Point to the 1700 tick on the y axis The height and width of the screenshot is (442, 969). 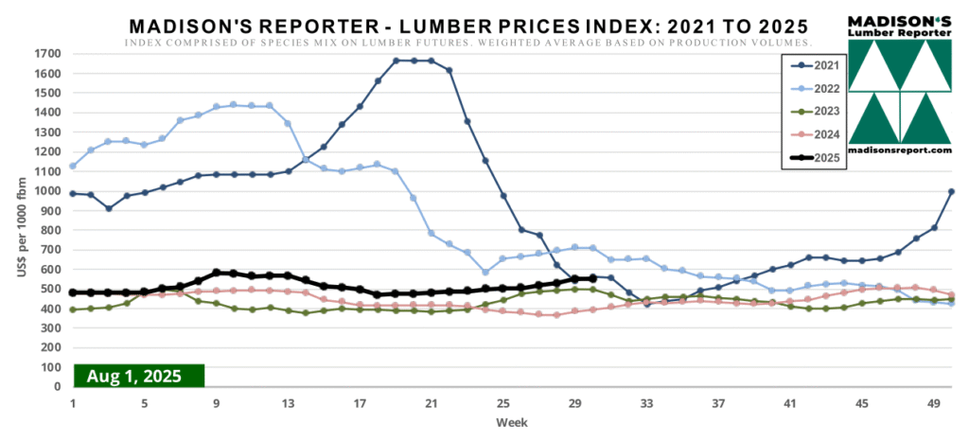tap(48, 54)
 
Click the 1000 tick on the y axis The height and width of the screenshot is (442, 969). tap(48, 191)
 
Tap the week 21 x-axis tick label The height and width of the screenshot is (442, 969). tap(432, 402)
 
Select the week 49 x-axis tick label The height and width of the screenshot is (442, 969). tap(934, 402)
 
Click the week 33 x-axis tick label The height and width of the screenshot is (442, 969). tap(647, 402)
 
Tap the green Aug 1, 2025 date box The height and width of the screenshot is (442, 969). tap(138, 376)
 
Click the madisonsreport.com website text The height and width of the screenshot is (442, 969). tap(898, 150)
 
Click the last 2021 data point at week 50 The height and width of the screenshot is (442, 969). tap(951, 192)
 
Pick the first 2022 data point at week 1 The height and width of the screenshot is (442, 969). tap(73, 167)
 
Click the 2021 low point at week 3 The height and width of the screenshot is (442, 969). tap(109, 208)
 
